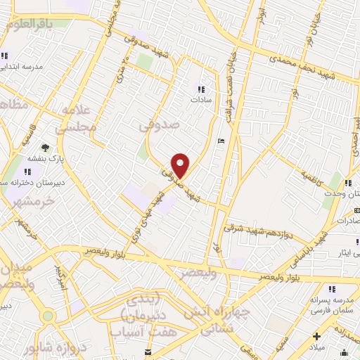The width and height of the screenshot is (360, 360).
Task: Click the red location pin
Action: coord(181,165)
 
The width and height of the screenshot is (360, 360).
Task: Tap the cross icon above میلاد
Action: coord(317,335)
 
